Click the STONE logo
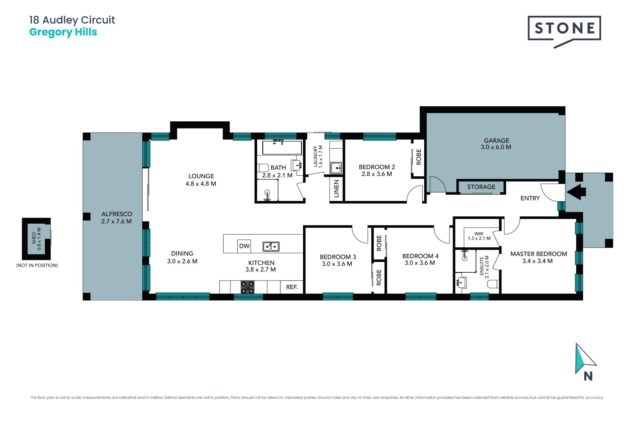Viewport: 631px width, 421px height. (x=564, y=32)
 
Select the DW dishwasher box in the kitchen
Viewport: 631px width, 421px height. (x=244, y=246)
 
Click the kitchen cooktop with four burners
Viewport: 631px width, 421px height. (x=247, y=287)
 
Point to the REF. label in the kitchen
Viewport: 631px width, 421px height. (x=292, y=287)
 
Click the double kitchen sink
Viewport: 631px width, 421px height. (x=271, y=246)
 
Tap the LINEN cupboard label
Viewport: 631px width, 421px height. (x=336, y=189)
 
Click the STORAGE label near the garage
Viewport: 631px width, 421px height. (x=481, y=187)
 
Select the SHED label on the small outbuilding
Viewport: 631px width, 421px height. (x=34, y=238)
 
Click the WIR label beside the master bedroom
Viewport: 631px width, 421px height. (x=479, y=234)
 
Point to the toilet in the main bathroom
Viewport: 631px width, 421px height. (x=263, y=168)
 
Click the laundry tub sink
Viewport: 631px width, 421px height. (x=336, y=168)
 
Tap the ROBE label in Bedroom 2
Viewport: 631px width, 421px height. (x=419, y=157)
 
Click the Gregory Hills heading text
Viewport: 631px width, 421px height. (x=63, y=32)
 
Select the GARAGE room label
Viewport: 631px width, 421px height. (x=496, y=140)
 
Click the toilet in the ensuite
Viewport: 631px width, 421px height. (x=493, y=284)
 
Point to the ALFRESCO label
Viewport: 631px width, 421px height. (x=117, y=214)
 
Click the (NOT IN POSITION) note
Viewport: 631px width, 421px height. (x=37, y=265)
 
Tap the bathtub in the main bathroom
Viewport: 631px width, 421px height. (x=282, y=147)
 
